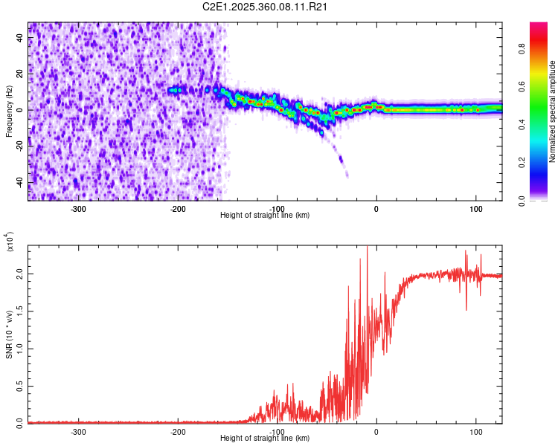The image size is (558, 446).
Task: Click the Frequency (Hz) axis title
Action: point(10,111)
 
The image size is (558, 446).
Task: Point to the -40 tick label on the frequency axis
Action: point(20,182)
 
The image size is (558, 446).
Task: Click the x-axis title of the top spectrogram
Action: point(265,216)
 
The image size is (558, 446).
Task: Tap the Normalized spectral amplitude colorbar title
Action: point(553,111)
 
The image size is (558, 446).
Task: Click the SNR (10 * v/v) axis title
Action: point(10,334)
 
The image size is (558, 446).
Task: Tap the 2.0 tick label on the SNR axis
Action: point(21,274)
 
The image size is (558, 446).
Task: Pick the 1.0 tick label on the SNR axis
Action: point(21,348)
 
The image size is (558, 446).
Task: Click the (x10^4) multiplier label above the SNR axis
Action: point(10,242)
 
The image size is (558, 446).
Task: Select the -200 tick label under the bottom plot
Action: point(178,431)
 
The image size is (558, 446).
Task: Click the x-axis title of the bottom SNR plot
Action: point(265,439)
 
